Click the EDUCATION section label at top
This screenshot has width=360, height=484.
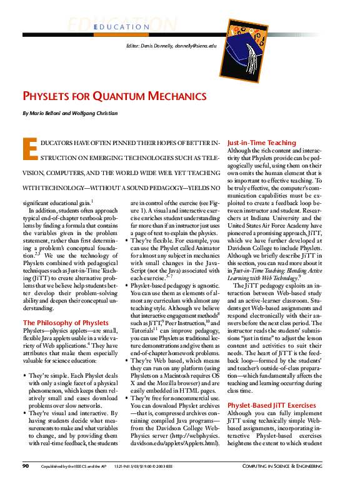(122, 27)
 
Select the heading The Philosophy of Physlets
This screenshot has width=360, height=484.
(66, 323)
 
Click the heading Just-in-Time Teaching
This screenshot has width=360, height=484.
(261, 143)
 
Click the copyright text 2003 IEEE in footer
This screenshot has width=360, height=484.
(174, 466)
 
